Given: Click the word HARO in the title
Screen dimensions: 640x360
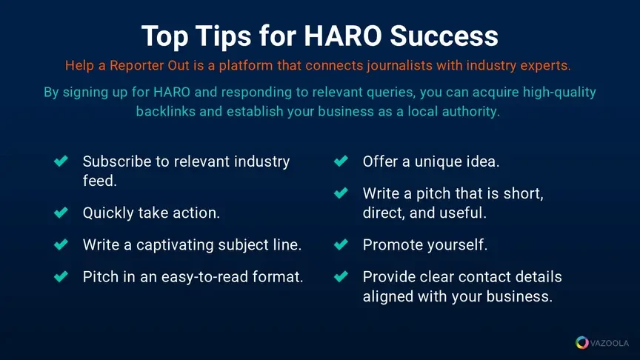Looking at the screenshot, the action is click(342, 36).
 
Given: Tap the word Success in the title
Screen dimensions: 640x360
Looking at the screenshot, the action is click(444, 36).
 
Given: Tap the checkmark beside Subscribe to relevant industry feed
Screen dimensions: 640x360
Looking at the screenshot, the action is click(61, 161).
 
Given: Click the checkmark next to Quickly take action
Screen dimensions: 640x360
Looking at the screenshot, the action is click(61, 213).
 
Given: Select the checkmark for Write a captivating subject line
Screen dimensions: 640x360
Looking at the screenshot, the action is click(61, 244).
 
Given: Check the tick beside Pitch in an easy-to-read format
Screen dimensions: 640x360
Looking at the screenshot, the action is click(61, 276).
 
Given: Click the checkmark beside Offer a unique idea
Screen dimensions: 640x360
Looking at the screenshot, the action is click(341, 161).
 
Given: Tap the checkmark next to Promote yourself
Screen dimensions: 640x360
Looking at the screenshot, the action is click(341, 244).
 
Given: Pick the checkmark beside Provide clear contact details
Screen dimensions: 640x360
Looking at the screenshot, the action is click(341, 276).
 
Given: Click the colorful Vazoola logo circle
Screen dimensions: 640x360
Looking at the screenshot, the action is click(582, 342).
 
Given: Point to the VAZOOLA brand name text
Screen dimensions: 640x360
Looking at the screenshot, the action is click(610, 343).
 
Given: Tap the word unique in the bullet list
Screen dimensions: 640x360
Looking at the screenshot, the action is click(438, 162).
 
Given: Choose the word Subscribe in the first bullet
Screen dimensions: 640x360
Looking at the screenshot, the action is click(117, 161).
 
